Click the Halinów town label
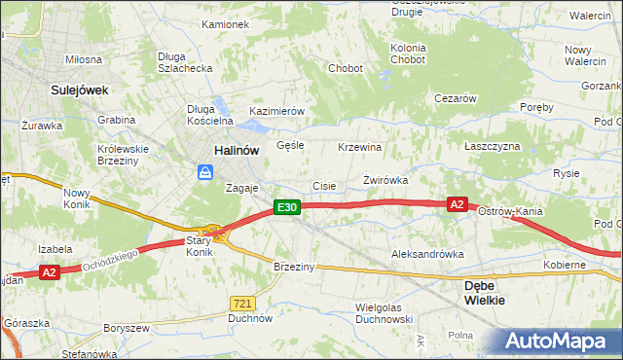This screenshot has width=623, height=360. [236, 150]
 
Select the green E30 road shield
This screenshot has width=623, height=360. [285, 207]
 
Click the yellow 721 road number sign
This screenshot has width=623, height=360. [243, 303]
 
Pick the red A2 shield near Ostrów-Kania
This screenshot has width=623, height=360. [458, 204]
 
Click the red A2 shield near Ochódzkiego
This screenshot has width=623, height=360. [50, 273]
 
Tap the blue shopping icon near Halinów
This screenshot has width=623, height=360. [205, 172]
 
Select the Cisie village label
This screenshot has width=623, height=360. [323, 186]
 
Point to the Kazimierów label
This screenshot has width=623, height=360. [277, 112]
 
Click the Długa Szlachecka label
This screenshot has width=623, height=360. [185, 62]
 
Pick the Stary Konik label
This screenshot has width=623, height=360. [199, 245]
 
